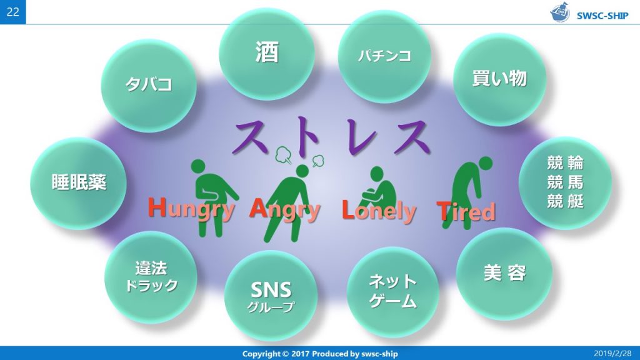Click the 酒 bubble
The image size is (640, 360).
[x=267, y=53]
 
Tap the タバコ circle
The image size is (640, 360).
[x=148, y=85]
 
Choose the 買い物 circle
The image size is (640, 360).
[x=499, y=79]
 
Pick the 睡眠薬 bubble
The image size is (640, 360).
[x=79, y=182]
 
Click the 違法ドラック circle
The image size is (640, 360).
[x=151, y=277]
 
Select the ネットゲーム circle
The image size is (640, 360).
[x=392, y=292]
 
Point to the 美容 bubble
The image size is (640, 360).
[x=504, y=274]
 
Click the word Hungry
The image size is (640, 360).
[x=192, y=208]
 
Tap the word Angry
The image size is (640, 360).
[x=284, y=209]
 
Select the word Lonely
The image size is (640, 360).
[x=378, y=211]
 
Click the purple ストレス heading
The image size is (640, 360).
[x=332, y=136]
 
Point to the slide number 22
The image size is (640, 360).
[x=12, y=12]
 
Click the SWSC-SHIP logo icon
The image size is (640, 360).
[x=560, y=12]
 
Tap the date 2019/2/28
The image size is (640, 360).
[x=612, y=354]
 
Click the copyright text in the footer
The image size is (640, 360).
[x=319, y=354]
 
